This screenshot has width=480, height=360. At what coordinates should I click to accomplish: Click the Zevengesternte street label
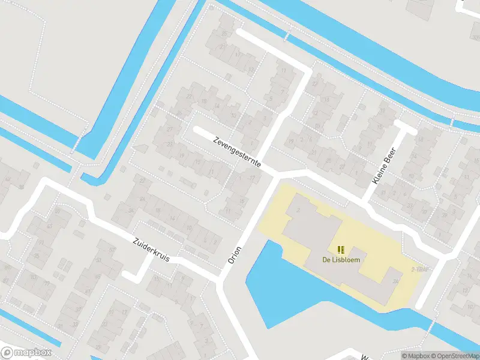(236, 155)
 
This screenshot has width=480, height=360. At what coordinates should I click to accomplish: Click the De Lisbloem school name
(341, 260)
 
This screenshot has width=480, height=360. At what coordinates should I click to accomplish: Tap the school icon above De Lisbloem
(341, 250)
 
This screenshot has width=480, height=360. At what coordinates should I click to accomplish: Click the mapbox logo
(25, 353)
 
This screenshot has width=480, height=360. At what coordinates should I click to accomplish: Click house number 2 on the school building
(298, 211)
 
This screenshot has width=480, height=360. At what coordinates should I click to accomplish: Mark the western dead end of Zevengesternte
(196, 130)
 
